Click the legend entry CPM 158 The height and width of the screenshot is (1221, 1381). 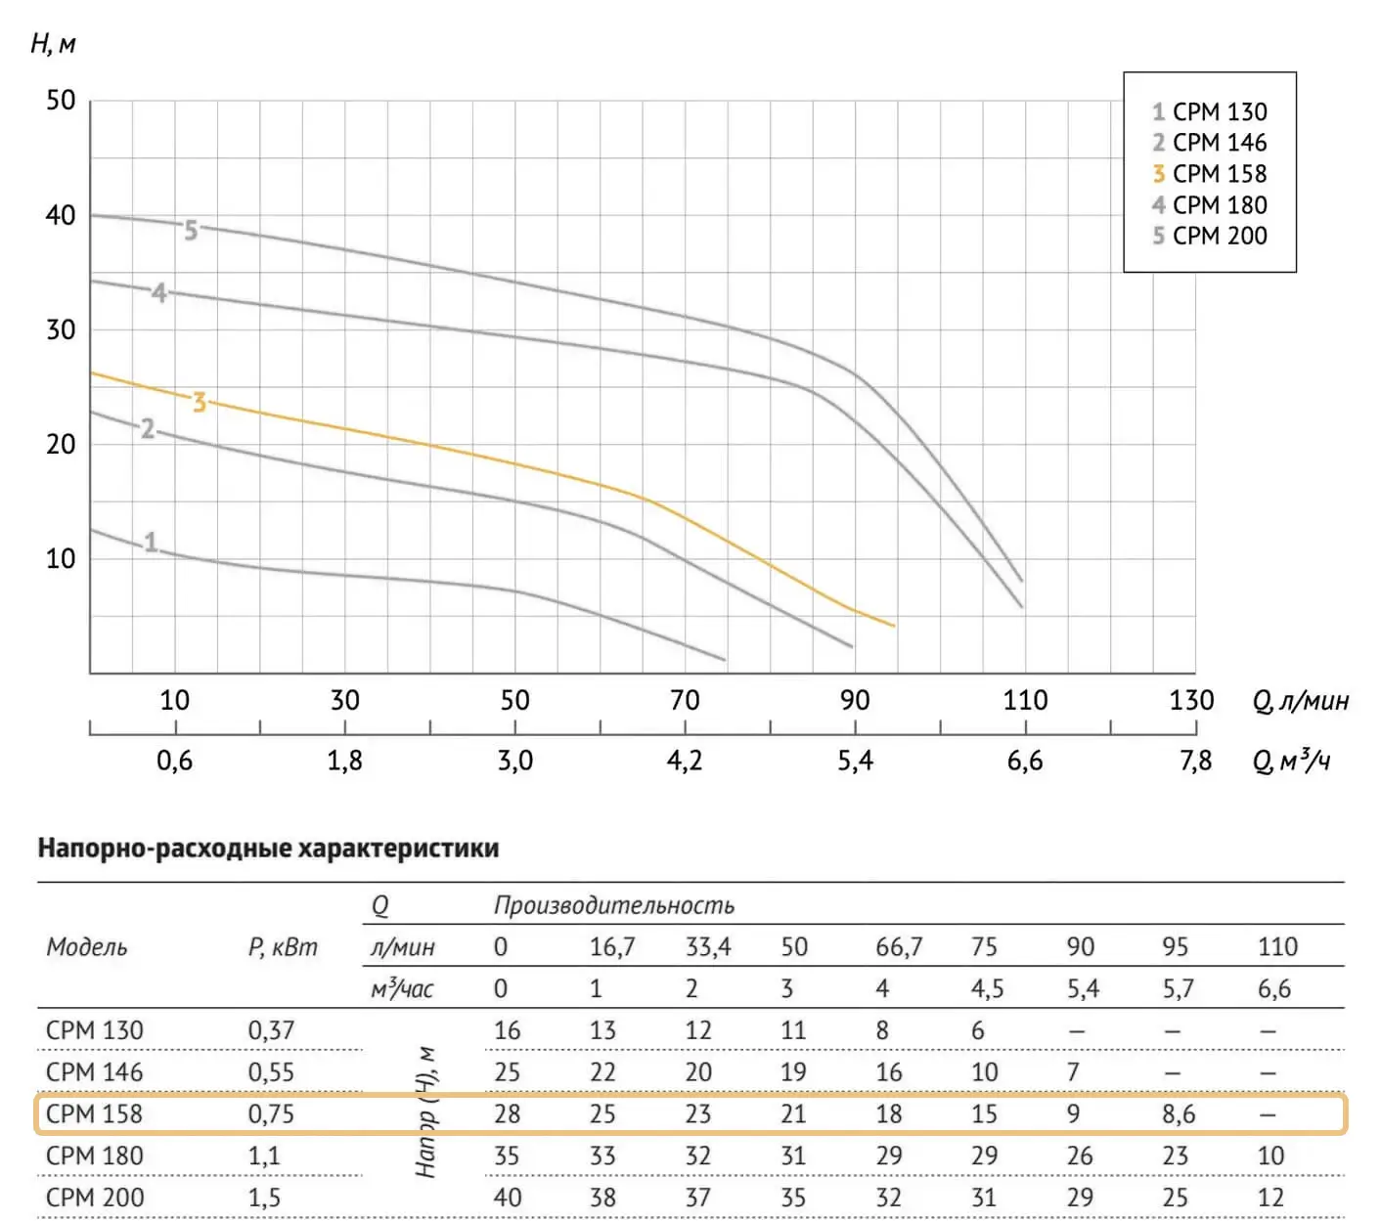(x=1210, y=174)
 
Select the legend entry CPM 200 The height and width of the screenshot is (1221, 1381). (x=1210, y=236)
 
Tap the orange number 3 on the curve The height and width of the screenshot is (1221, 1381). (x=200, y=402)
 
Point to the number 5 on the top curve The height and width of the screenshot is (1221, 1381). (x=191, y=230)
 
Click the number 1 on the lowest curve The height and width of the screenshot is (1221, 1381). (x=151, y=542)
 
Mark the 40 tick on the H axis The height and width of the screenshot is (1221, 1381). (x=61, y=215)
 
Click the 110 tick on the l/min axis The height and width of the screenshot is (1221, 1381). (x=1025, y=700)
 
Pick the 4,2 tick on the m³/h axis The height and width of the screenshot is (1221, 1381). (x=685, y=761)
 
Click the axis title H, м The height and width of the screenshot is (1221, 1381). (x=53, y=44)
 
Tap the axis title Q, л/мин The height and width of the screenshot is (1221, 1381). (x=1300, y=701)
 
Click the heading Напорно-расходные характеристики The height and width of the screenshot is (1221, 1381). (x=268, y=848)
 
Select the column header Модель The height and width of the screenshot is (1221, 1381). (x=87, y=946)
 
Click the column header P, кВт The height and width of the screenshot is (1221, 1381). (x=283, y=946)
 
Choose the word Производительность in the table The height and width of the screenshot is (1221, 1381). (x=613, y=905)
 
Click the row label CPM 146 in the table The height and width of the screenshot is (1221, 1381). (x=95, y=1072)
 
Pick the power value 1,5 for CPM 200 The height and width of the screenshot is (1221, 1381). (x=264, y=1198)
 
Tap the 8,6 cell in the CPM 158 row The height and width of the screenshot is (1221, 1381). (x=1178, y=1114)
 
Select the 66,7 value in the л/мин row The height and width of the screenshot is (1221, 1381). (x=898, y=946)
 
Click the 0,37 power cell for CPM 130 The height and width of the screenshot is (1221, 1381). (x=271, y=1030)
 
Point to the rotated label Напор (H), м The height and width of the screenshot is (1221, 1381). (x=425, y=1112)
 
